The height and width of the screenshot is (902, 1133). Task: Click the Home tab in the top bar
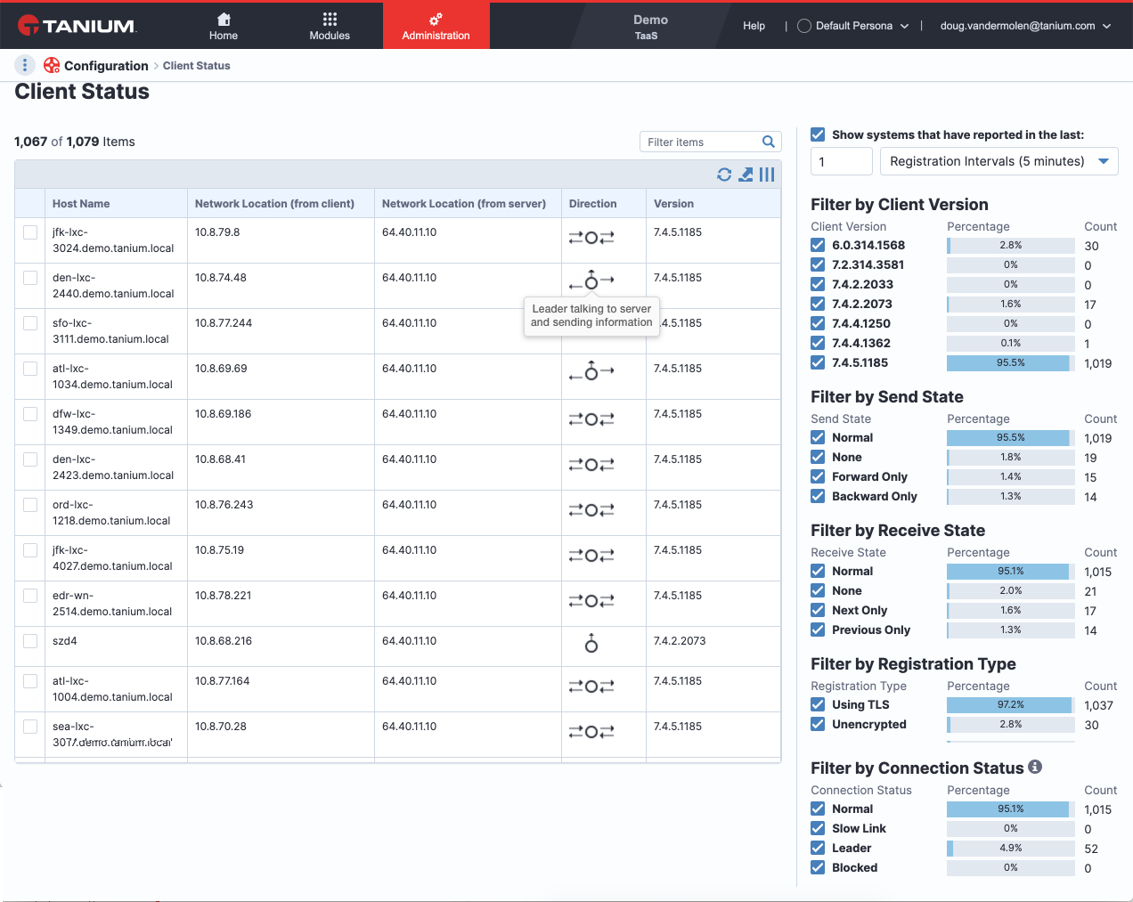pos(224,27)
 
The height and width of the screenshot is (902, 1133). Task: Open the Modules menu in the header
pos(330,27)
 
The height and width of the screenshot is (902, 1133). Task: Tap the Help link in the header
pos(754,26)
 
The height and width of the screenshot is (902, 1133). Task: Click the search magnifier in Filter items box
pos(768,142)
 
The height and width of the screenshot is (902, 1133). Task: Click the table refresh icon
pos(724,175)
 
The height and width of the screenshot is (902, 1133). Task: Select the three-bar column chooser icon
pos(767,175)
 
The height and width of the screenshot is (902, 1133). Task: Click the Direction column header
pos(592,204)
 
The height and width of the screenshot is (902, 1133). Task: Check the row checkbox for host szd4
pos(30,641)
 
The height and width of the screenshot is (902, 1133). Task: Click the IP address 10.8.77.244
pos(224,322)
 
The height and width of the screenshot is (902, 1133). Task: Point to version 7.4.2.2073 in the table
pos(679,640)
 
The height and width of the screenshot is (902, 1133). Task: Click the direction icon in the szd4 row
pos(591,643)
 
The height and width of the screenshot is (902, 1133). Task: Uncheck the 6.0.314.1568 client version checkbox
pos(818,245)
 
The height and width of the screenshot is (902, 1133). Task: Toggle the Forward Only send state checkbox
pos(818,476)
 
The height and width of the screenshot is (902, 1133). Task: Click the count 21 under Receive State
pos(1090,591)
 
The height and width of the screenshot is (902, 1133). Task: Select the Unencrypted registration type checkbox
pos(818,724)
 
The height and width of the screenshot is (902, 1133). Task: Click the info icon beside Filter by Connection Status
pos(1034,767)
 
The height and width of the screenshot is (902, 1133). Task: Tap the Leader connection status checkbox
pos(818,848)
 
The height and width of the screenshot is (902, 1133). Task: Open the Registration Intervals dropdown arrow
pos(1104,161)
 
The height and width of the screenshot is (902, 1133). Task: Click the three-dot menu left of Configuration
pos(25,65)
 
